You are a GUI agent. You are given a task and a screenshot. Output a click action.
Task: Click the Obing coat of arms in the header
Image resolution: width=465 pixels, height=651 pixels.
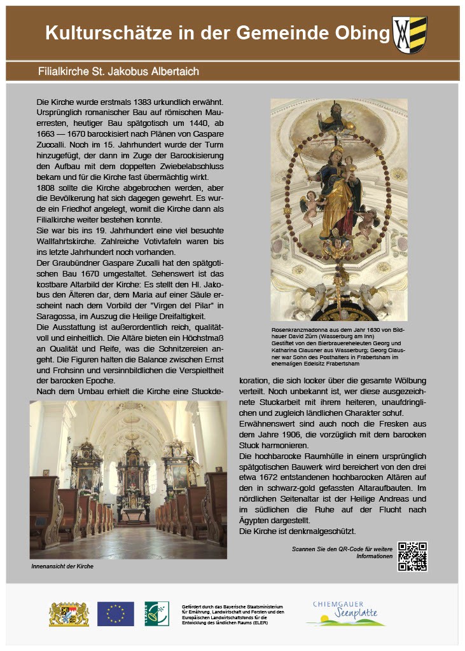[x=410, y=34]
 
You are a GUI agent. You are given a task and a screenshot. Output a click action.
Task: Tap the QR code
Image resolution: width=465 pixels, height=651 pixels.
[x=412, y=556]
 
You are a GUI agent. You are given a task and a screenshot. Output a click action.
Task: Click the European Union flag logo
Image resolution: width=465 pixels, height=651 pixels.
[x=116, y=613]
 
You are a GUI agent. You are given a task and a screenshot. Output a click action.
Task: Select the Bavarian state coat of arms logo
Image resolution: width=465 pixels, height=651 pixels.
[x=69, y=613]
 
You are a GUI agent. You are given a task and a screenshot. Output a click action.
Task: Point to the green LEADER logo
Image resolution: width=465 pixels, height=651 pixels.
[x=156, y=613]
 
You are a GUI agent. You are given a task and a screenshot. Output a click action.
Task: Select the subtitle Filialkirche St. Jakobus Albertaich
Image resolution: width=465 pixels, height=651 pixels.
[x=118, y=71]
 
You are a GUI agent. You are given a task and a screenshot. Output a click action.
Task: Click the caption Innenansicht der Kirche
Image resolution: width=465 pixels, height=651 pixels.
[x=62, y=566]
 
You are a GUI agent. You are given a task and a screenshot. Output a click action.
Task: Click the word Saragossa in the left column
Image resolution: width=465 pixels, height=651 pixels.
[x=57, y=316]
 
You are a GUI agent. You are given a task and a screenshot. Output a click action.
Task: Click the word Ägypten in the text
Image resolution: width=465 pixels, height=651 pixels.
[x=254, y=520]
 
